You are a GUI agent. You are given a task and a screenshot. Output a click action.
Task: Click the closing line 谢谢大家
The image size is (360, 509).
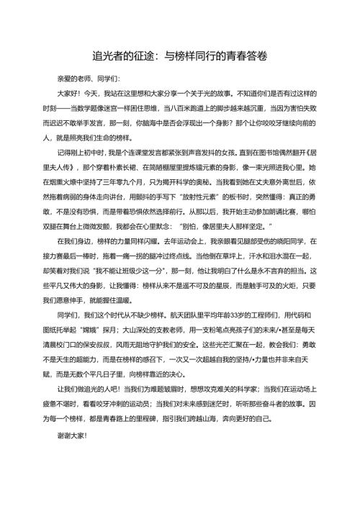click(71, 456)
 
